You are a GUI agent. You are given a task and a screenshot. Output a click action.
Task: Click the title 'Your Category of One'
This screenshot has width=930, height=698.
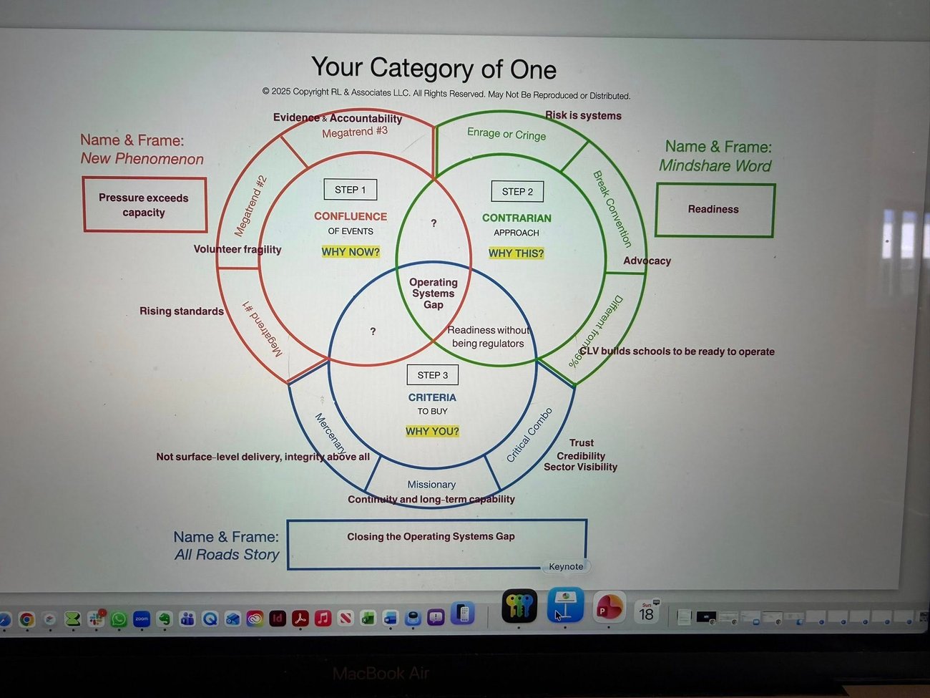point(434,68)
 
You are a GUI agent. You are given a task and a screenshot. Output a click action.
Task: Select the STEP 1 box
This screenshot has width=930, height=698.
point(350,190)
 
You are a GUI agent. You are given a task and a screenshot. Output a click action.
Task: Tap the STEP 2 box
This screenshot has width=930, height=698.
point(517,191)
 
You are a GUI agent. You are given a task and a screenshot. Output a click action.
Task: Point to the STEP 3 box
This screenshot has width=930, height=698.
point(432,375)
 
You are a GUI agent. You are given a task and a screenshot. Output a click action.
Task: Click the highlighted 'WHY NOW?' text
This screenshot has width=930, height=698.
point(351,252)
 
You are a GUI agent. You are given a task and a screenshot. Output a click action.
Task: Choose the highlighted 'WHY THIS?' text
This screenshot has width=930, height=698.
point(516,253)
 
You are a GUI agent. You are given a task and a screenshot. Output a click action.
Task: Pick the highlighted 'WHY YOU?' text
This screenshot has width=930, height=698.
point(432,431)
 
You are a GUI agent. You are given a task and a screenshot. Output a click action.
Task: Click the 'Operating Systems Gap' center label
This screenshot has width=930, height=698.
point(433,294)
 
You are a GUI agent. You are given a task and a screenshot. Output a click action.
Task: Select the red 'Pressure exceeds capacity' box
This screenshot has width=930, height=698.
point(145,205)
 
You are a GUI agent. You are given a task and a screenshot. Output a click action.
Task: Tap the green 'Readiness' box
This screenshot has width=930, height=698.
point(714,210)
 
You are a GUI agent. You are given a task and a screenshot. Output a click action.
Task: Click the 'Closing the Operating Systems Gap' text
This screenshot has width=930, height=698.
point(431,536)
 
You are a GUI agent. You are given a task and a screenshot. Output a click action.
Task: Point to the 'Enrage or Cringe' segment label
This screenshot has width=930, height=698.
point(506,134)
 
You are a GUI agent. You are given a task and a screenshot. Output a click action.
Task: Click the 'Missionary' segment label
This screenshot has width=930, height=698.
point(431,485)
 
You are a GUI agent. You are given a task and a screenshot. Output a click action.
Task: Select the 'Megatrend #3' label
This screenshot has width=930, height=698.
point(355,132)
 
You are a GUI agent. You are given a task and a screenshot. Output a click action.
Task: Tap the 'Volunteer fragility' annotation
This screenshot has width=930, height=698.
point(238,249)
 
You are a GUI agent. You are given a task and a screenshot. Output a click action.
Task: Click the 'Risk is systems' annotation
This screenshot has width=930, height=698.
point(583,115)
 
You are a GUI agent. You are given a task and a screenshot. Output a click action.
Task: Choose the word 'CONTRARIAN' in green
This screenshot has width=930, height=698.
point(517,218)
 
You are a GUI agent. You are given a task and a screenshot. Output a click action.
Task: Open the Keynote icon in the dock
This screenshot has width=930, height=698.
point(565,606)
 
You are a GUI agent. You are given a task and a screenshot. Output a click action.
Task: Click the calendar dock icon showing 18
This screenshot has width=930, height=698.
point(646,611)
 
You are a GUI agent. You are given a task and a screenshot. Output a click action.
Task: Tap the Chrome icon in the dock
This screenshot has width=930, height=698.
point(26,619)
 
